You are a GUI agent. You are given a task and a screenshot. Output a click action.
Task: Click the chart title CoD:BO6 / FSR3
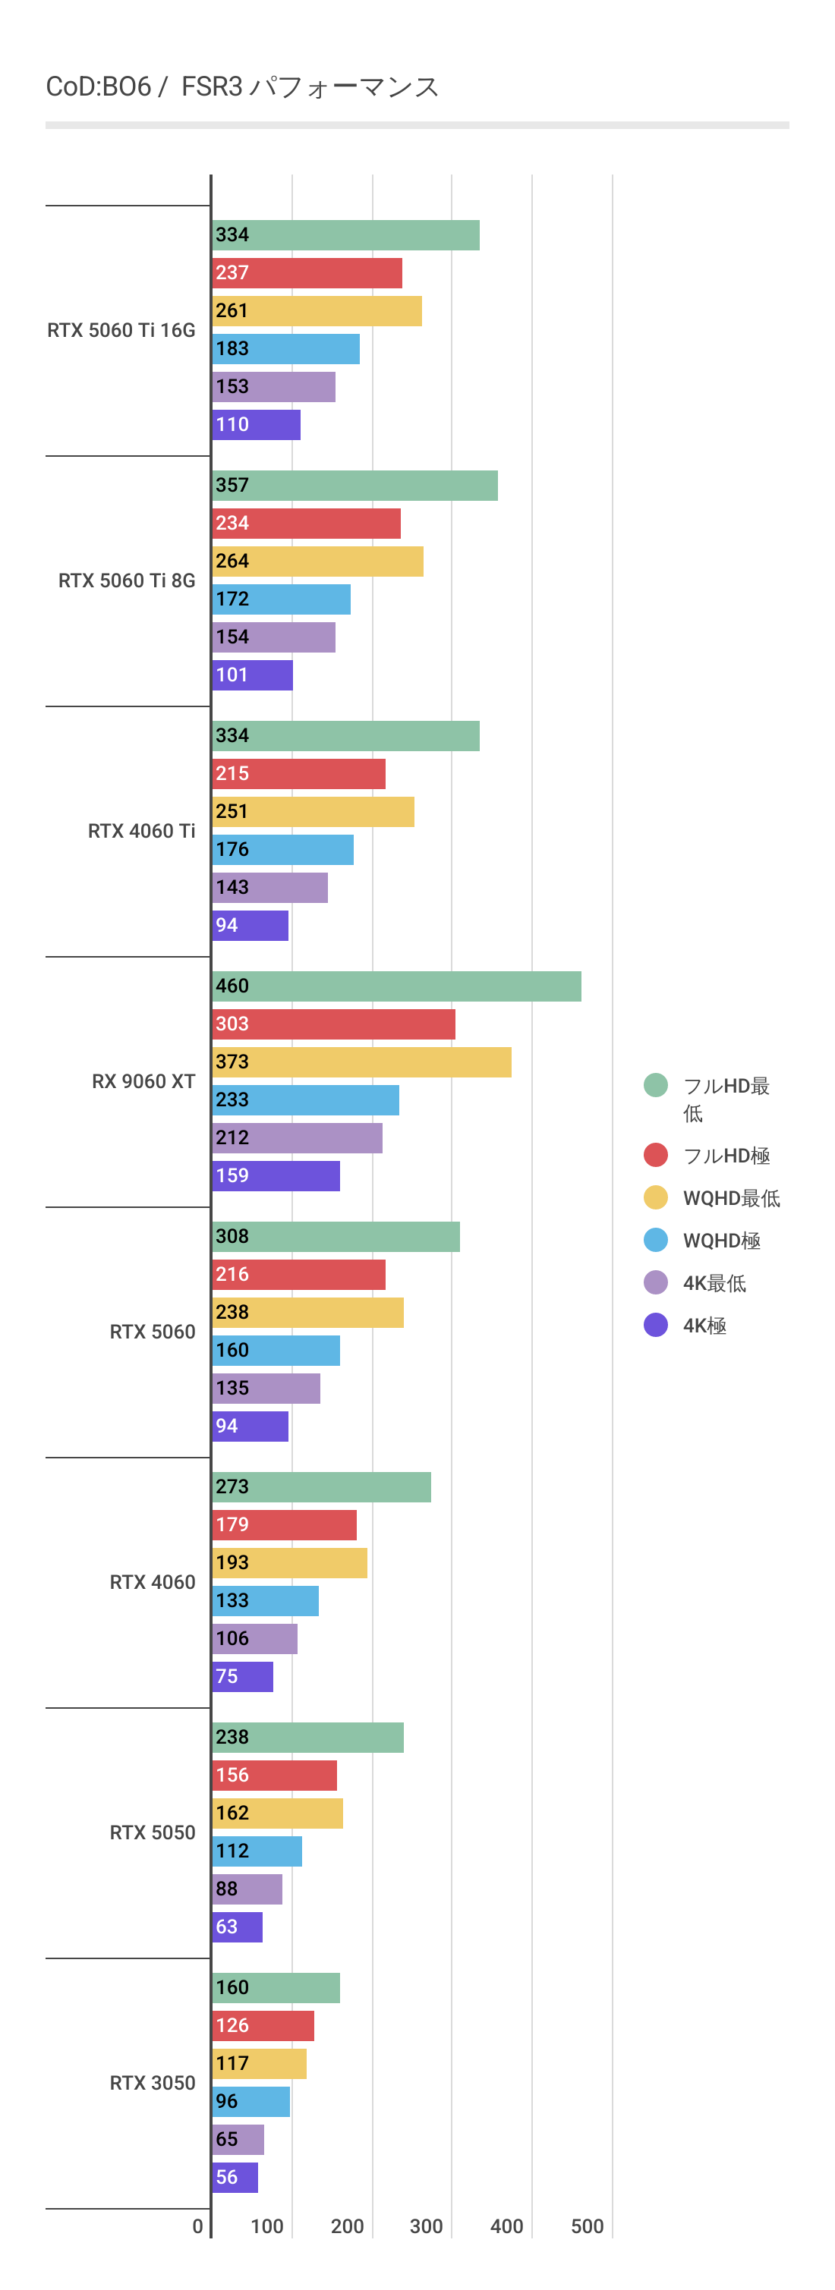click(242, 87)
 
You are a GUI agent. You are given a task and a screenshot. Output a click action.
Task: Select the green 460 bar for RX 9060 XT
click(396, 986)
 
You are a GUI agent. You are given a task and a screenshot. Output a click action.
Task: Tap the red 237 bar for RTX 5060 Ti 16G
click(307, 273)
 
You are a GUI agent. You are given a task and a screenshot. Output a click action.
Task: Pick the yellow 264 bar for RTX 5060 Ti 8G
click(317, 561)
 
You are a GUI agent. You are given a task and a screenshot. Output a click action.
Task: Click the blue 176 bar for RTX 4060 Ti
click(283, 849)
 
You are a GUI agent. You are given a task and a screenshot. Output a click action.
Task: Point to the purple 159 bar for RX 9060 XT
click(276, 1175)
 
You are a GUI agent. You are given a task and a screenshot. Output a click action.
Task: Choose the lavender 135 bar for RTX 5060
click(266, 1388)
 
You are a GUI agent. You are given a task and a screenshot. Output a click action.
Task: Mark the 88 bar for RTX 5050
click(247, 1888)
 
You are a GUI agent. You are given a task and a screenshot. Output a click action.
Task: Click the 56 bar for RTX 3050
click(235, 2177)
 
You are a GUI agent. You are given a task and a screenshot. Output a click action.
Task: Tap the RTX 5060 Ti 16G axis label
click(121, 330)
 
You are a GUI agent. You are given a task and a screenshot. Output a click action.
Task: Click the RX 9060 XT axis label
click(143, 1081)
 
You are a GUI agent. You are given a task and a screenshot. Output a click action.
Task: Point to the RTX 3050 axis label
click(152, 2083)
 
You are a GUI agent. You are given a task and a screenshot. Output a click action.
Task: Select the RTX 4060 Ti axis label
click(141, 830)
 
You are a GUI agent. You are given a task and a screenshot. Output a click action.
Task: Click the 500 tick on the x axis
click(587, 2226)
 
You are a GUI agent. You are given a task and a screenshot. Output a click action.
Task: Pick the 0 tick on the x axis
click(197, 2226)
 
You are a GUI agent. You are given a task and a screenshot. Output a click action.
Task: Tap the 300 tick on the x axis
click(426, 2226)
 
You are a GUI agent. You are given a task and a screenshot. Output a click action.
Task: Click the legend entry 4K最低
click(714, 1283)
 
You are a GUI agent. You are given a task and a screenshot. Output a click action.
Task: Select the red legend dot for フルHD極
click(655, 1155)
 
